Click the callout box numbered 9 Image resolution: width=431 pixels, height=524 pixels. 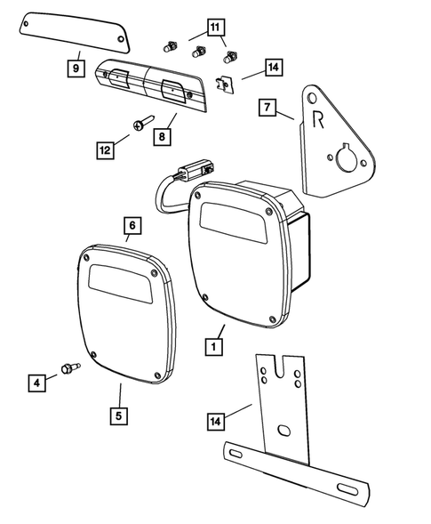tap(76, 67)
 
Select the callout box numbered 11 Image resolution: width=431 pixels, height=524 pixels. tap(215, 28)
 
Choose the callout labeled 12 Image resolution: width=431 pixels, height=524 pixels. tap(106, 150)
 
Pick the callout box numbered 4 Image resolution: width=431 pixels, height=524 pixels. tap(36, 383)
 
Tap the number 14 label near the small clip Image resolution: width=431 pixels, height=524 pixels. tap(273, 67)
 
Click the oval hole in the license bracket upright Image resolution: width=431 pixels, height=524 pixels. tap(283, 431)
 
